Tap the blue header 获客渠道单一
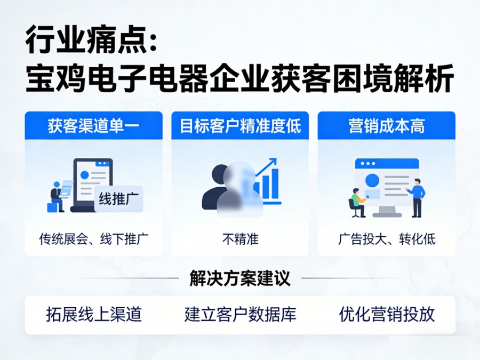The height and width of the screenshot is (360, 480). (x=93, y=126)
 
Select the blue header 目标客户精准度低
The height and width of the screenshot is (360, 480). (x=240, y=126)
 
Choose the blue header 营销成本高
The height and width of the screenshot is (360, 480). (x=387, y=126)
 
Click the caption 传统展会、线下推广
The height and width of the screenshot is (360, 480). (x=93, y=239)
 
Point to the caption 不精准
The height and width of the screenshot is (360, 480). (x=240, y=239)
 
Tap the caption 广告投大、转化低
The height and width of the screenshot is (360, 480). (x=387, y=239)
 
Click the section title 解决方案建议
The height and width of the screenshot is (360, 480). (x=240, y=278)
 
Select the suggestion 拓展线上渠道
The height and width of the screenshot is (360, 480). (x=94, y=314)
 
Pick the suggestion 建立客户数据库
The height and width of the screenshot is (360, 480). (x=240, y=314)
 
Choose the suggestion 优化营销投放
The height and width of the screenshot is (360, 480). (x=387, y=314)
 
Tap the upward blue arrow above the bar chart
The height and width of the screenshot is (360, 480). (x=266, y=166)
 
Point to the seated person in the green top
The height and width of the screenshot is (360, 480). (x=357, y=202)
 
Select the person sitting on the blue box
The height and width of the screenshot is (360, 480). (x=56, y=195)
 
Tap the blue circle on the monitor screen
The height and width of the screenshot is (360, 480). (x=372, y=180)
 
